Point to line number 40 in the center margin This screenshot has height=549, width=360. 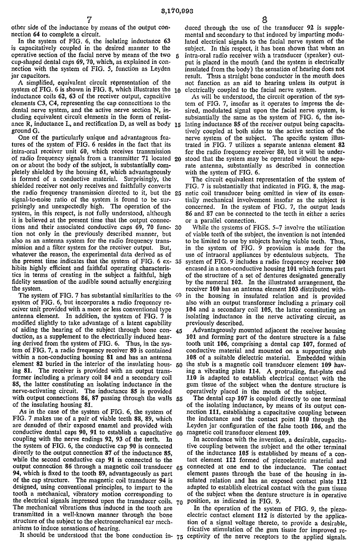pyautogui.click(x=179, y=294)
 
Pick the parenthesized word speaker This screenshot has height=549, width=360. pyautogui.click(x=300, y=62)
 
